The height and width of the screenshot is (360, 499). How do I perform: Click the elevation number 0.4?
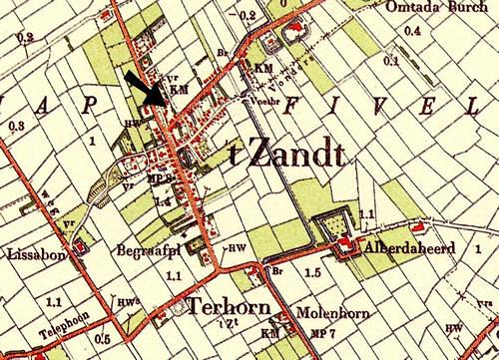(412, 30)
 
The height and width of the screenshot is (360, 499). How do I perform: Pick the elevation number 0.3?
(15, 126)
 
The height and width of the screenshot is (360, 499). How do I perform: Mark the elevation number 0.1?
(391, 60)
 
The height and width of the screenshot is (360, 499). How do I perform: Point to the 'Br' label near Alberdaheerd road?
(277, 270)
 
